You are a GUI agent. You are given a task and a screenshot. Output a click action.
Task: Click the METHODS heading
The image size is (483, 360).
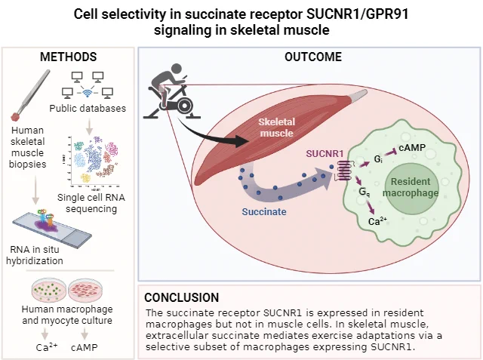(69, 57)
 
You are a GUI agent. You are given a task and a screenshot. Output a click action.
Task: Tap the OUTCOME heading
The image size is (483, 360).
(313, 57)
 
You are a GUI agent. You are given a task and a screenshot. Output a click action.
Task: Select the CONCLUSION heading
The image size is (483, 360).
(181, 297)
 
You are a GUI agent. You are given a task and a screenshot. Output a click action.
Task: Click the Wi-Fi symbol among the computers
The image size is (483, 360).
(88, 92)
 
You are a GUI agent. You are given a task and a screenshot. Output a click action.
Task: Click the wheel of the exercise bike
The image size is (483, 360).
(183, 106)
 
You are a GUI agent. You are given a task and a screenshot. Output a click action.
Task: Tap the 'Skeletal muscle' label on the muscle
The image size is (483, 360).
(277, 128)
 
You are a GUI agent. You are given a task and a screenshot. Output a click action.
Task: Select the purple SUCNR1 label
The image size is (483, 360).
(325, 153)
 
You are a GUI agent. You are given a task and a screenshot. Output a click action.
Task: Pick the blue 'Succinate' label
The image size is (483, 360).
(264, 212)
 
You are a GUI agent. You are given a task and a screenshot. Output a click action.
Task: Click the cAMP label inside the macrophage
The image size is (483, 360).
(412, 148)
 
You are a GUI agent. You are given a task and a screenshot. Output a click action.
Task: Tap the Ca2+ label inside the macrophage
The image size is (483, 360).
(377, 221)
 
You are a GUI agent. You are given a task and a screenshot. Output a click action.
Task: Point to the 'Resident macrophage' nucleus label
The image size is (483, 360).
(411, 187)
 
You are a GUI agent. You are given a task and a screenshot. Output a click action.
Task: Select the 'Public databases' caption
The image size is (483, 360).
(88, 109)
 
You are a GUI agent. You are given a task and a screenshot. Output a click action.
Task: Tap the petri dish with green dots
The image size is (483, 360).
(49, 290)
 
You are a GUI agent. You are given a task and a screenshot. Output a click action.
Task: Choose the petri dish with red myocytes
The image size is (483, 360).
(85, 290)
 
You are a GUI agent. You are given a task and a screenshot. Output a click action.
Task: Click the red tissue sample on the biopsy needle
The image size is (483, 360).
(15, 117)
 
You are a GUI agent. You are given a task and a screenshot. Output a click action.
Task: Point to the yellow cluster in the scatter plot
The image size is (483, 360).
(85, 177)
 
